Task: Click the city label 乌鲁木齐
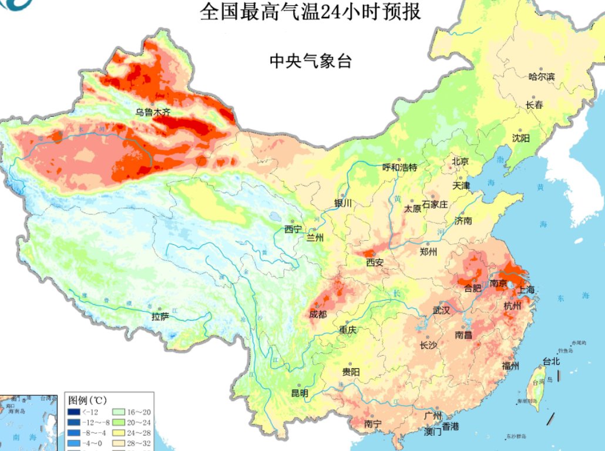[153, 112]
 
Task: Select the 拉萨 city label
[160, 317]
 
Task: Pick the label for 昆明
[300, 393]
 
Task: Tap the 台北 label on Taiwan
[551, 362]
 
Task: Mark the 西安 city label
[374, 262]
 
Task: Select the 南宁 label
[373, 423]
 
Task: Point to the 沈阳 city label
[520, 138]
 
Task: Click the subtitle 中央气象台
[310, 60]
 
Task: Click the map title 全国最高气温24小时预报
[310, 12]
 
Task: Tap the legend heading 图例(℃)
[87, 400]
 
